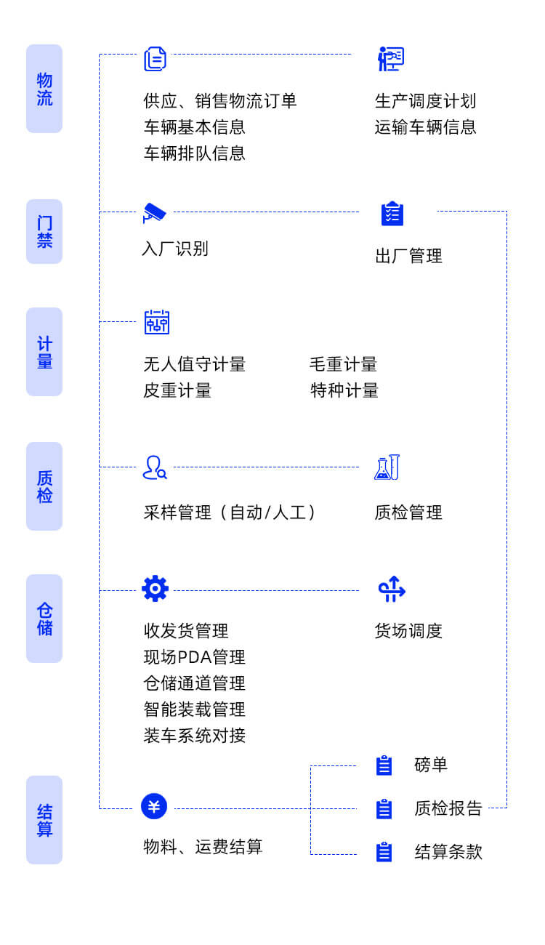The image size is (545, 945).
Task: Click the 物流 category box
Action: (44, 89)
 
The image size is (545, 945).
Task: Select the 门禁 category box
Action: (44, 231)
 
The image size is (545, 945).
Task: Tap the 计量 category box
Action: (44, 352)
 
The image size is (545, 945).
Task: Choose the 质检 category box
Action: (44, 486)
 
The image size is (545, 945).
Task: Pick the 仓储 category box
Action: (44, 619)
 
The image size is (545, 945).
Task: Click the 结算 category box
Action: (44, 820)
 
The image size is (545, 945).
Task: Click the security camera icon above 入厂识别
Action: (155, 213)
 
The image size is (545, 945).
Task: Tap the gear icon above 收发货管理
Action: (155, 589)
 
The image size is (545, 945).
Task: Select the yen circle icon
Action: (154, 806)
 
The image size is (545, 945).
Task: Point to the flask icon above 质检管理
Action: (387, 467)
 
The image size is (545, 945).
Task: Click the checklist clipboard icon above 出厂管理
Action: (392, 214)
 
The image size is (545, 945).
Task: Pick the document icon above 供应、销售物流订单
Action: (155, 59)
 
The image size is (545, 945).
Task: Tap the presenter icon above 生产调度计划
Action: (391, 59)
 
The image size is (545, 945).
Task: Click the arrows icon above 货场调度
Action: (392, 589)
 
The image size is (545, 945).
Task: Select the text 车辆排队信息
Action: (195, 153)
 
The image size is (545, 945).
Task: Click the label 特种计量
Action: (344, 390)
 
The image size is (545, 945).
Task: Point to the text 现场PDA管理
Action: (195, 657)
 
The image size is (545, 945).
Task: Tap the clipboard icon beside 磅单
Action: (384, 765)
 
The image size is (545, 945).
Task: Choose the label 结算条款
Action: (448, 852)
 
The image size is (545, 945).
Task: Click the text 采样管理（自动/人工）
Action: (230, 512)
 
